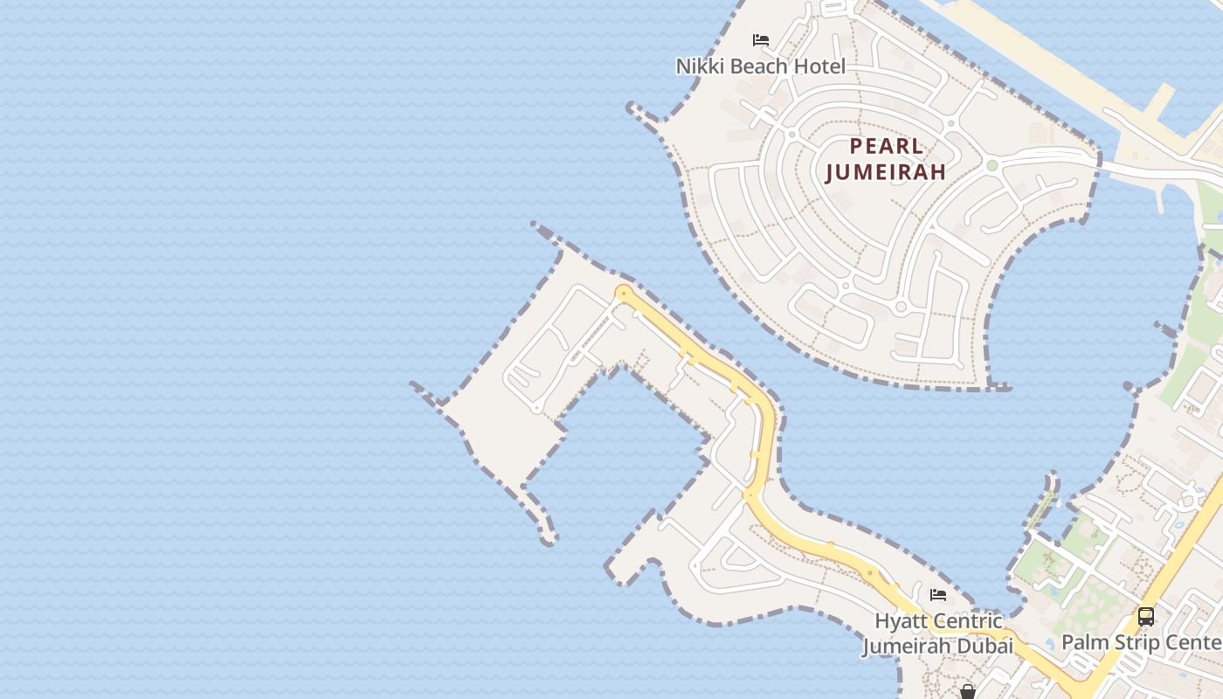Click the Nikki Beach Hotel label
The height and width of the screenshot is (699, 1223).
[760, 66]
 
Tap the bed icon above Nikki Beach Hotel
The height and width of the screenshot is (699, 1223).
[761, 40]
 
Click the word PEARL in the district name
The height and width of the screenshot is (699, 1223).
[887, 146]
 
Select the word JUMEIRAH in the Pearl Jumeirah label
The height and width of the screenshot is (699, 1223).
[886, 171]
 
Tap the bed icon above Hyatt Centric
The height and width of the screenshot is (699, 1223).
[938, 595]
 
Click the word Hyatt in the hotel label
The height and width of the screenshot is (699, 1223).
[900, 622]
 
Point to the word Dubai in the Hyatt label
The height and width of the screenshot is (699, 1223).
[987, 647]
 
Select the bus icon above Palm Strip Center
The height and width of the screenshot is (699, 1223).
[1145, 616]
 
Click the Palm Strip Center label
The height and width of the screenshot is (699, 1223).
[1141, 643]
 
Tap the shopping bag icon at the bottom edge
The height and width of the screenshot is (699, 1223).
[968, 692]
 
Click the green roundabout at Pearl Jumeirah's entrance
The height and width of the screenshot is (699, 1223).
[992, 165]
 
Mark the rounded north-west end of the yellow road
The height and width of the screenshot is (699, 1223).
[623, 293]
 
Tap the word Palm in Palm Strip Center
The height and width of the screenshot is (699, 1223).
[1081, 643]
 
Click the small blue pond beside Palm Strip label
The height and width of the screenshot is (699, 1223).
[1052, 591]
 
